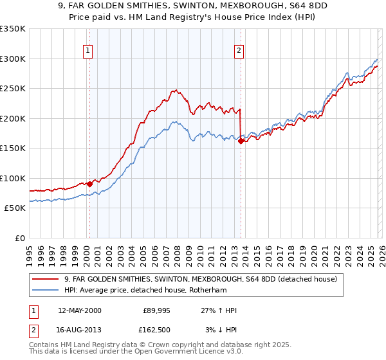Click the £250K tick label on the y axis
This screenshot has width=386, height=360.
[13, 89]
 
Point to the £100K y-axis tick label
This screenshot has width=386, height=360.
[13, 178]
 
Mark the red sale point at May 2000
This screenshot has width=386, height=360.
[90, 184]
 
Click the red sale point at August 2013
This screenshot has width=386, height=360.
[241, 141]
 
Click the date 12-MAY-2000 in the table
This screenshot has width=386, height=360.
[79, 310]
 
